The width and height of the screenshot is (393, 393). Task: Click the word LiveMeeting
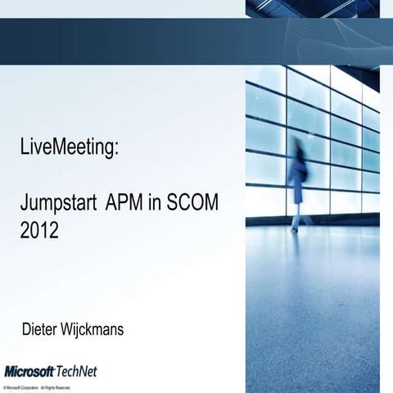69,148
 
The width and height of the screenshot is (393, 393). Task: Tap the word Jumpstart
59,206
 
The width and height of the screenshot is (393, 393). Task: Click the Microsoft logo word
29,371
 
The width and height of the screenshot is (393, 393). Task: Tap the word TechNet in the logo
75,371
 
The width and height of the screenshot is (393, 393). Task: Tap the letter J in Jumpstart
25,204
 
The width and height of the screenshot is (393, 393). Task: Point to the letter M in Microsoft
9,371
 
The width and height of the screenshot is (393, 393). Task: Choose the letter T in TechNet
60,371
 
